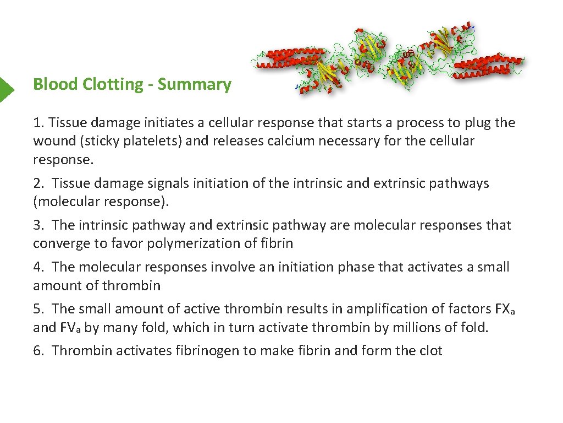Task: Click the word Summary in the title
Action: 195,85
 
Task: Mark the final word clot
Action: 430,351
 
